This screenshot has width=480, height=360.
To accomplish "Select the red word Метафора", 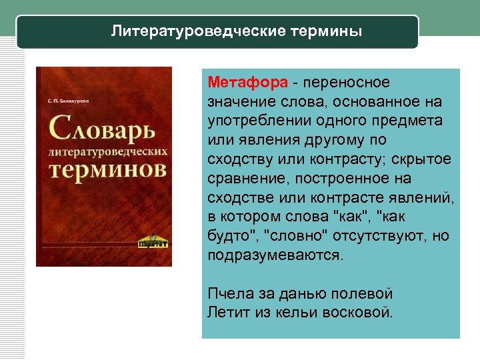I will [x=247, y=82].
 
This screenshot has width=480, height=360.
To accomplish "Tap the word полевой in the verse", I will [x=365, y=293].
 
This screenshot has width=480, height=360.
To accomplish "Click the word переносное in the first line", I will [x=345, y=82].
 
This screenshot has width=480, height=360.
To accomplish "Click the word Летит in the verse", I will [x=225, y=311].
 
